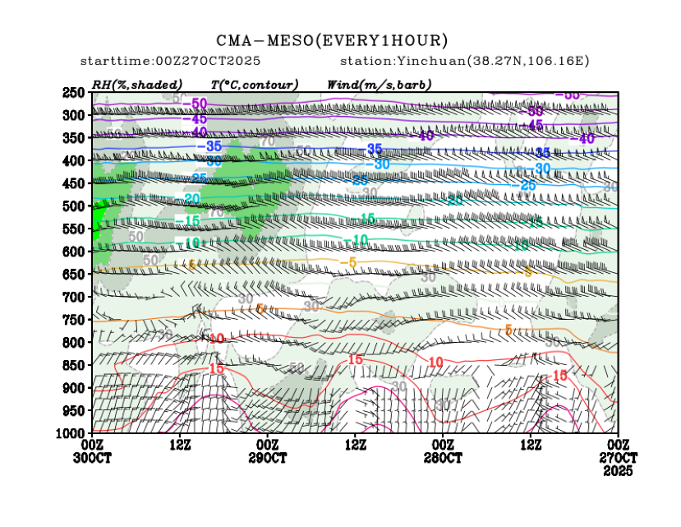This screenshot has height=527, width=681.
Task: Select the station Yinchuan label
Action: (464, 62)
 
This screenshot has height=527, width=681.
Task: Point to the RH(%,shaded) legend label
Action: (136, 85)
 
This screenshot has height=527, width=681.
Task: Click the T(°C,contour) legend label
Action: (254, 85)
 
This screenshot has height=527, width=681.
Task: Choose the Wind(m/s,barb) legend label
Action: (379, 85)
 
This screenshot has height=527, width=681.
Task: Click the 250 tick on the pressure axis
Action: (73, 92)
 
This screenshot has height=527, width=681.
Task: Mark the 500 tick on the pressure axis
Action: (73, 206)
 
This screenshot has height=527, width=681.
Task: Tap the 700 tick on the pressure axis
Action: (73, 296)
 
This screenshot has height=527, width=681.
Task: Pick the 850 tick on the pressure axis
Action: (73, 364)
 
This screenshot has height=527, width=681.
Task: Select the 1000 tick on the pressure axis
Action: (71, 432)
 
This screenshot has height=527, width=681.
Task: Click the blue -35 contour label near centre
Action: (374, 149)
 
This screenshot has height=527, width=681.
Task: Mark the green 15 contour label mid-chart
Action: (366, 218)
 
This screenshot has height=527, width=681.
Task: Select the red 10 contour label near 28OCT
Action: (435, 362)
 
